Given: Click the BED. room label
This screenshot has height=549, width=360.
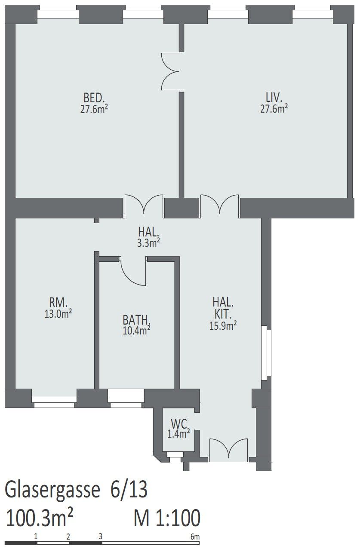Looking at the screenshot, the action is click(x=94, y=98).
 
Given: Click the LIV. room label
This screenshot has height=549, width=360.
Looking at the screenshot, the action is click(x=274, y=98).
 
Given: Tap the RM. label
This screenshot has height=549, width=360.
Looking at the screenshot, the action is click(x=58, y=303).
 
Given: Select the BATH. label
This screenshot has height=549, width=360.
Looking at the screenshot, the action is click(x=136, y=320).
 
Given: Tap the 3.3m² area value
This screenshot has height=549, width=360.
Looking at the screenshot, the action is click(x=149, y=243).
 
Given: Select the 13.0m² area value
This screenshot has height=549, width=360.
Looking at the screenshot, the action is click(x=58, y=313).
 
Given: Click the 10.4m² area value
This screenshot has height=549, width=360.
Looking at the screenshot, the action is click(x=136, y=330).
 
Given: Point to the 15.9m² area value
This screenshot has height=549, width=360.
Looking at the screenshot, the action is click(x=223, y=325).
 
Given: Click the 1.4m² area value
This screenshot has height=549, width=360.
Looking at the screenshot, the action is click(x=178, y=434).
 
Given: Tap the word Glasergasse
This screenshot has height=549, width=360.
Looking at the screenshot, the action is click(x=52, y=490).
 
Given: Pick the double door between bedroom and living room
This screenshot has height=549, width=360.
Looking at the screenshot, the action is click(x=170, y=71).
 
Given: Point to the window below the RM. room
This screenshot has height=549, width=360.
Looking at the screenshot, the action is click(x=54, y=402).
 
